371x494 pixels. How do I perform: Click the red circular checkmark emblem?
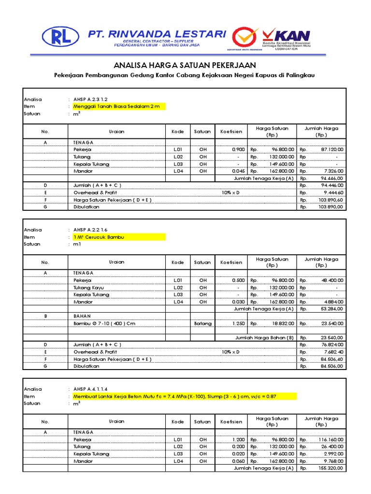(245, 37)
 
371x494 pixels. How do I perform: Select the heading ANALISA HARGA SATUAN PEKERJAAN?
(185, 65)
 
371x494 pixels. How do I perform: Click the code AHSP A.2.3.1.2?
(91, 99)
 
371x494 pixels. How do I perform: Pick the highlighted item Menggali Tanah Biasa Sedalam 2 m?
(116, 106)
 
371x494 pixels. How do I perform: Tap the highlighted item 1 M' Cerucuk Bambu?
(96, 237)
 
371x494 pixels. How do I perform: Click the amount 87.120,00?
(332, 150)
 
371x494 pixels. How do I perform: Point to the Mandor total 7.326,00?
(333, 171)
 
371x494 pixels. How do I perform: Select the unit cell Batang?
(203, 323)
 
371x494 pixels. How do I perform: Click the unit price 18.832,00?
(277, 323)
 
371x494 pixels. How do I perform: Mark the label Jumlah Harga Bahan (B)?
(264, 338)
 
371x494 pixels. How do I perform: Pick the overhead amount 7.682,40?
(332, 352)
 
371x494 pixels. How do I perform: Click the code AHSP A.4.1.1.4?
(91, 389)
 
